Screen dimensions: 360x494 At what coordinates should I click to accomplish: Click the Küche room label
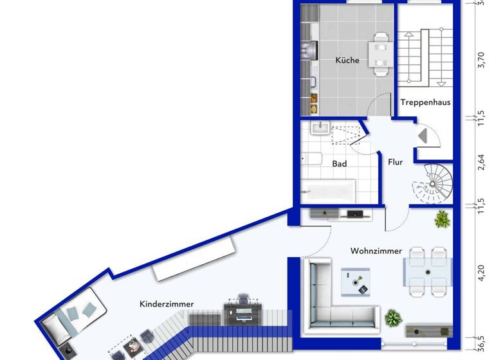(x=347, y=61)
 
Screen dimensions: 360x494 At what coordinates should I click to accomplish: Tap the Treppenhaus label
(x=425, y=102)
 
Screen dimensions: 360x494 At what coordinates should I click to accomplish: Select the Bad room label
(x=340, y=164)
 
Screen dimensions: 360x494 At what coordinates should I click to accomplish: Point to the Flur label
(x=395, y=162)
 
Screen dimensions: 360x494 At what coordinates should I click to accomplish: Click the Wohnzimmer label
(x=376, y=251)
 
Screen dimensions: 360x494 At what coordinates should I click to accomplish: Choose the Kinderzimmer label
(x=167, y=304)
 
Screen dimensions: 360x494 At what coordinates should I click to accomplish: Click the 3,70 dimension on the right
(x=479, y=62)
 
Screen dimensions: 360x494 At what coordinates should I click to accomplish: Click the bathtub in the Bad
(x=329, y=190)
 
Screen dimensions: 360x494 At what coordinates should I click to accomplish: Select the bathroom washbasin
(x=320, y=129)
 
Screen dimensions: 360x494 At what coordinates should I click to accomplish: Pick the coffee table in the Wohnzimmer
(x=356, y=281)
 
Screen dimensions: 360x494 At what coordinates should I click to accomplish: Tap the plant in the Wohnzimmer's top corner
(x=442, y=220)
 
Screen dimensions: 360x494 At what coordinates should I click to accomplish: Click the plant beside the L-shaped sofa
(x=392, y=318)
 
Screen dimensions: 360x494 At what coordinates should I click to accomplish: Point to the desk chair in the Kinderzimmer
(x=244, y=298)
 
